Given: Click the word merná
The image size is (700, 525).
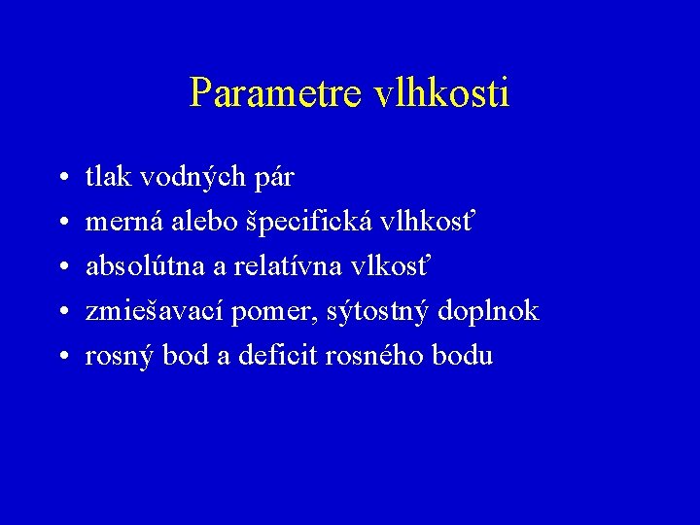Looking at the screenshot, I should (x=124, y=222).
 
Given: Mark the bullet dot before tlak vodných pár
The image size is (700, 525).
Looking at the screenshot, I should (x=61, y=179).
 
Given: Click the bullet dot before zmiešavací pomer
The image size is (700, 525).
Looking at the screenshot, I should (x=61, y=313).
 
